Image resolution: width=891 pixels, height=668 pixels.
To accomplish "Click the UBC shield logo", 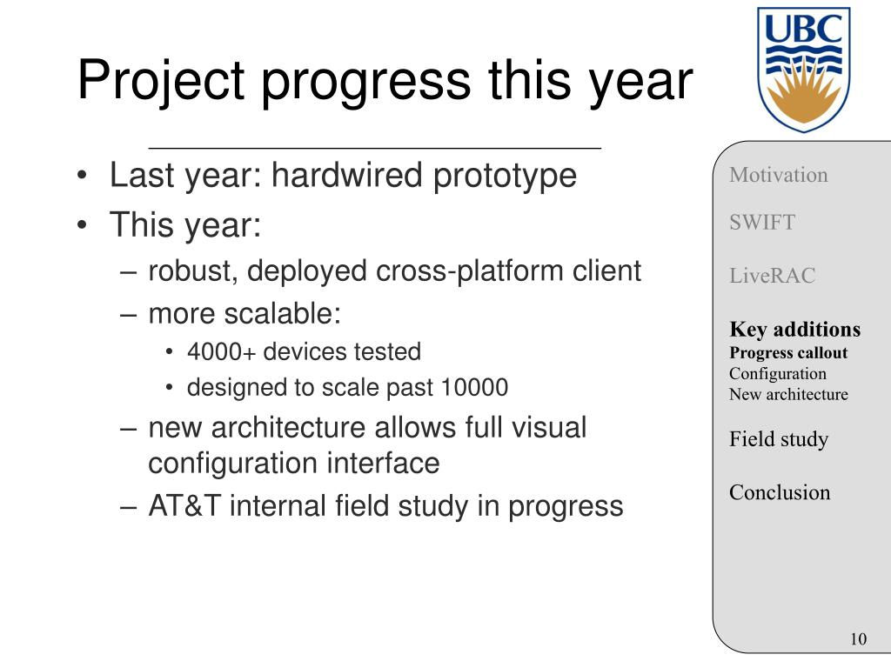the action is point(803,70).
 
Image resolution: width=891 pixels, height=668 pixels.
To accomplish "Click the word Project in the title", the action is point(161,81).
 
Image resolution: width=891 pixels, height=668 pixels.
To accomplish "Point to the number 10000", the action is point(474,387).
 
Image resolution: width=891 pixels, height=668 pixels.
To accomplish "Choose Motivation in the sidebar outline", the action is point(779,175).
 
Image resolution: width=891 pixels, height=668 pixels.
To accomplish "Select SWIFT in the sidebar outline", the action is point(762,222).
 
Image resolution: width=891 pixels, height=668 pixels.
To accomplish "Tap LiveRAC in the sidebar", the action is point(773,276).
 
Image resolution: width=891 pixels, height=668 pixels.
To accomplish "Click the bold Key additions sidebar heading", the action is point(795,330).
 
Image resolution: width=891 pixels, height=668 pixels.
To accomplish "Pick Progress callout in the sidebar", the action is point(788,353).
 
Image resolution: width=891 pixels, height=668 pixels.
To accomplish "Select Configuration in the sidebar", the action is point(778,374).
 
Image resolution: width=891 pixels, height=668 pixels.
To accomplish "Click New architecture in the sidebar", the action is point(788,394).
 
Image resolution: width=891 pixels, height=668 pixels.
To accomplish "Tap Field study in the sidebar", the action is point(779,439).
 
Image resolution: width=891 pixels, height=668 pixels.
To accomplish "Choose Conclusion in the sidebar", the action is point(780,492).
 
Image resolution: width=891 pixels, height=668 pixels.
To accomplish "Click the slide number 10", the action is point(858,639).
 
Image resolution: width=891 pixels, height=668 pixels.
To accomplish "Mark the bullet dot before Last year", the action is point(83,175).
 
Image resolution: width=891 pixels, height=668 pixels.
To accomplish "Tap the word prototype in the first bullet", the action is point(505,176).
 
